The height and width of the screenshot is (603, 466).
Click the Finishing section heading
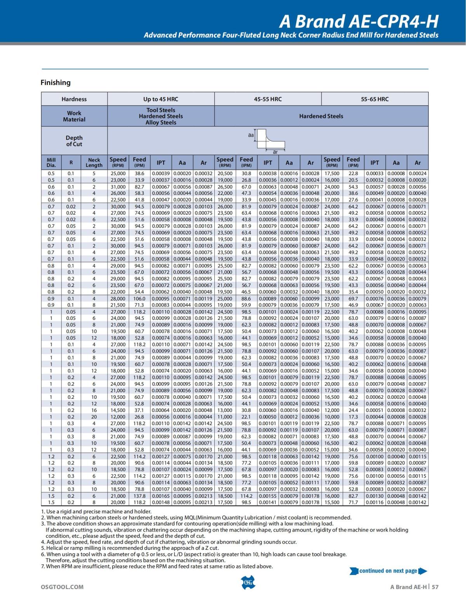56,82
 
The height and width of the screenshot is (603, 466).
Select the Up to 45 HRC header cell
161,99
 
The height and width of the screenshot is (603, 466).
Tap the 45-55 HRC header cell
268,99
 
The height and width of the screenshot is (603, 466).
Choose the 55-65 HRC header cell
375,99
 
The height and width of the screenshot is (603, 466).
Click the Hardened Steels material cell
321,116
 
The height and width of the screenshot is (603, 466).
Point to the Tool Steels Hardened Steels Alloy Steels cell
161,116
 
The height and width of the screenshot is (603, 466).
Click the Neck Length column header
94,162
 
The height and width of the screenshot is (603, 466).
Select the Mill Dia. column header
51,162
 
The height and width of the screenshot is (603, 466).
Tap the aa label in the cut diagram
251,135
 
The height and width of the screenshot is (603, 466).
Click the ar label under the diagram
275,152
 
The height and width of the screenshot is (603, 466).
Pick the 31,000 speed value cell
118,187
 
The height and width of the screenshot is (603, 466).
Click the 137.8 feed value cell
139,496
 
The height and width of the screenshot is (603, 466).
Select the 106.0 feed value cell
139,299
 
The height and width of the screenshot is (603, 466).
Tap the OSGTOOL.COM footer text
62,587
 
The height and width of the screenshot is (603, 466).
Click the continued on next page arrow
388,571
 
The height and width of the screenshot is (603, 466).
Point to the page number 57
435,587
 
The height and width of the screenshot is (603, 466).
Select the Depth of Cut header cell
74,141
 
